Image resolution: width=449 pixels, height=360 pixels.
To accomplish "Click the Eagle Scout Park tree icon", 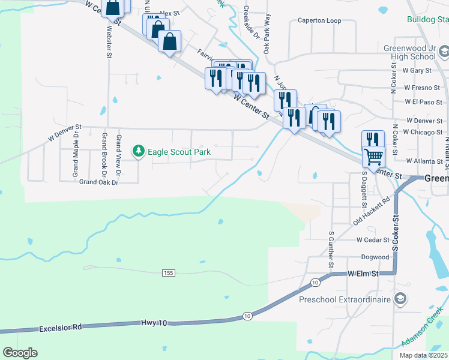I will (x=139, y=150).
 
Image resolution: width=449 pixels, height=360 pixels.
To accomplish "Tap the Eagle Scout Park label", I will (x=179, y=152).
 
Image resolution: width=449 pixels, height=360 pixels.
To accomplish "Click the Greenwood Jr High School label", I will (x=409, y=52).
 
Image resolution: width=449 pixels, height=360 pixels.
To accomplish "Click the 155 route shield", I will (x=168, y=273).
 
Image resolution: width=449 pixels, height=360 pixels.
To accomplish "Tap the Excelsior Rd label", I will (x=59, y=328).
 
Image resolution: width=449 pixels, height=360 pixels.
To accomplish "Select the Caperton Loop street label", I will (x=319, y=20).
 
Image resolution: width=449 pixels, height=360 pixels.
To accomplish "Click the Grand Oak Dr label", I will (x=95, y=181).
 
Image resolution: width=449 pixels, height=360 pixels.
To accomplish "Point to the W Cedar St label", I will (x=373, y=239).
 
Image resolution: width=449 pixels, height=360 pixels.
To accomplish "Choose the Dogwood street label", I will (x=375, y=257).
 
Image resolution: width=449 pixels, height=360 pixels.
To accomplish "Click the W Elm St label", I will (x=364, y=274).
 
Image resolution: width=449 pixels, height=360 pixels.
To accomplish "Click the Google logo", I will (x=20, y=353).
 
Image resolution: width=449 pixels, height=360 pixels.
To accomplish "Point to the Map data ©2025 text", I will (x=423, y=355).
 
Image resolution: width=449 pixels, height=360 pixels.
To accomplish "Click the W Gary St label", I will (x=417, y=71).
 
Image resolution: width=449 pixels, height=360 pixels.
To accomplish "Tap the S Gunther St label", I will (x=331, y=249).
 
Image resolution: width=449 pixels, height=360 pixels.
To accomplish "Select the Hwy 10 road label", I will (x=154, y=323).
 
